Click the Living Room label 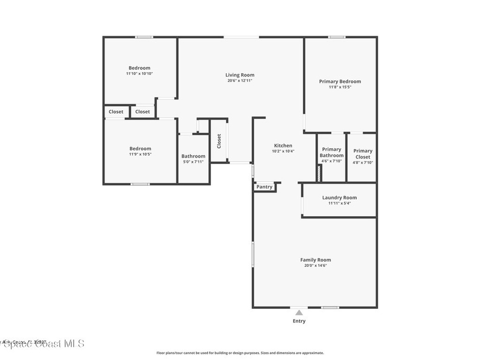(240, 75)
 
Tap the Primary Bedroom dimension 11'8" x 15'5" (340, 87)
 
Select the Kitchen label (283, 146)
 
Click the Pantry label (264, 187)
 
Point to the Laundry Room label (339, 198)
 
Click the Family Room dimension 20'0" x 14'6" (315, 266)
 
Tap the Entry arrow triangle (299, 312)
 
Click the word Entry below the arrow (299, 321)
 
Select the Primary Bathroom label (331, 152)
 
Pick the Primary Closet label (363, 154)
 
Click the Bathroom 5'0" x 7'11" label (193, 157)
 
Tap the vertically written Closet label (219, 141)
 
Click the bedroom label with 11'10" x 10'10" (140, 68)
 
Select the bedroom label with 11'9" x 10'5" (140, 149)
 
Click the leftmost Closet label (116, 112)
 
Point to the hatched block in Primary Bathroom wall (319, 174)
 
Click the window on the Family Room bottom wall (330, 307)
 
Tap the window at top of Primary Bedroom (337, 37)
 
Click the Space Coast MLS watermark (42, 344)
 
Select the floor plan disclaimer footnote (240, 353)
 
